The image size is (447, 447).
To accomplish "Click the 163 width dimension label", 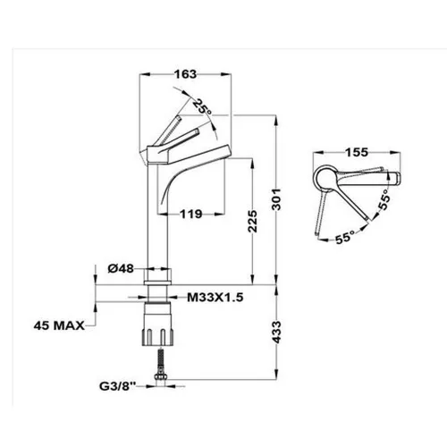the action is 185,74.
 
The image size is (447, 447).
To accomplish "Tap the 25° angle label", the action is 203,107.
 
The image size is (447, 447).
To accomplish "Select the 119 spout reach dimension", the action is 190,214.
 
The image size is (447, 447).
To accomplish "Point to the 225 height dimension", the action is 253,221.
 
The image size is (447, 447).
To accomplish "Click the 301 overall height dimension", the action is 276,199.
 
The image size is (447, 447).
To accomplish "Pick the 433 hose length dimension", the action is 276,332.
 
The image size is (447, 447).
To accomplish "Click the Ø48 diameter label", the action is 121,269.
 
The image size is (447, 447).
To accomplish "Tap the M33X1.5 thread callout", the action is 215,297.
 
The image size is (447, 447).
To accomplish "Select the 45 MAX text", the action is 59,325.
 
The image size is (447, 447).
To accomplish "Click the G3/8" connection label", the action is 117,386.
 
